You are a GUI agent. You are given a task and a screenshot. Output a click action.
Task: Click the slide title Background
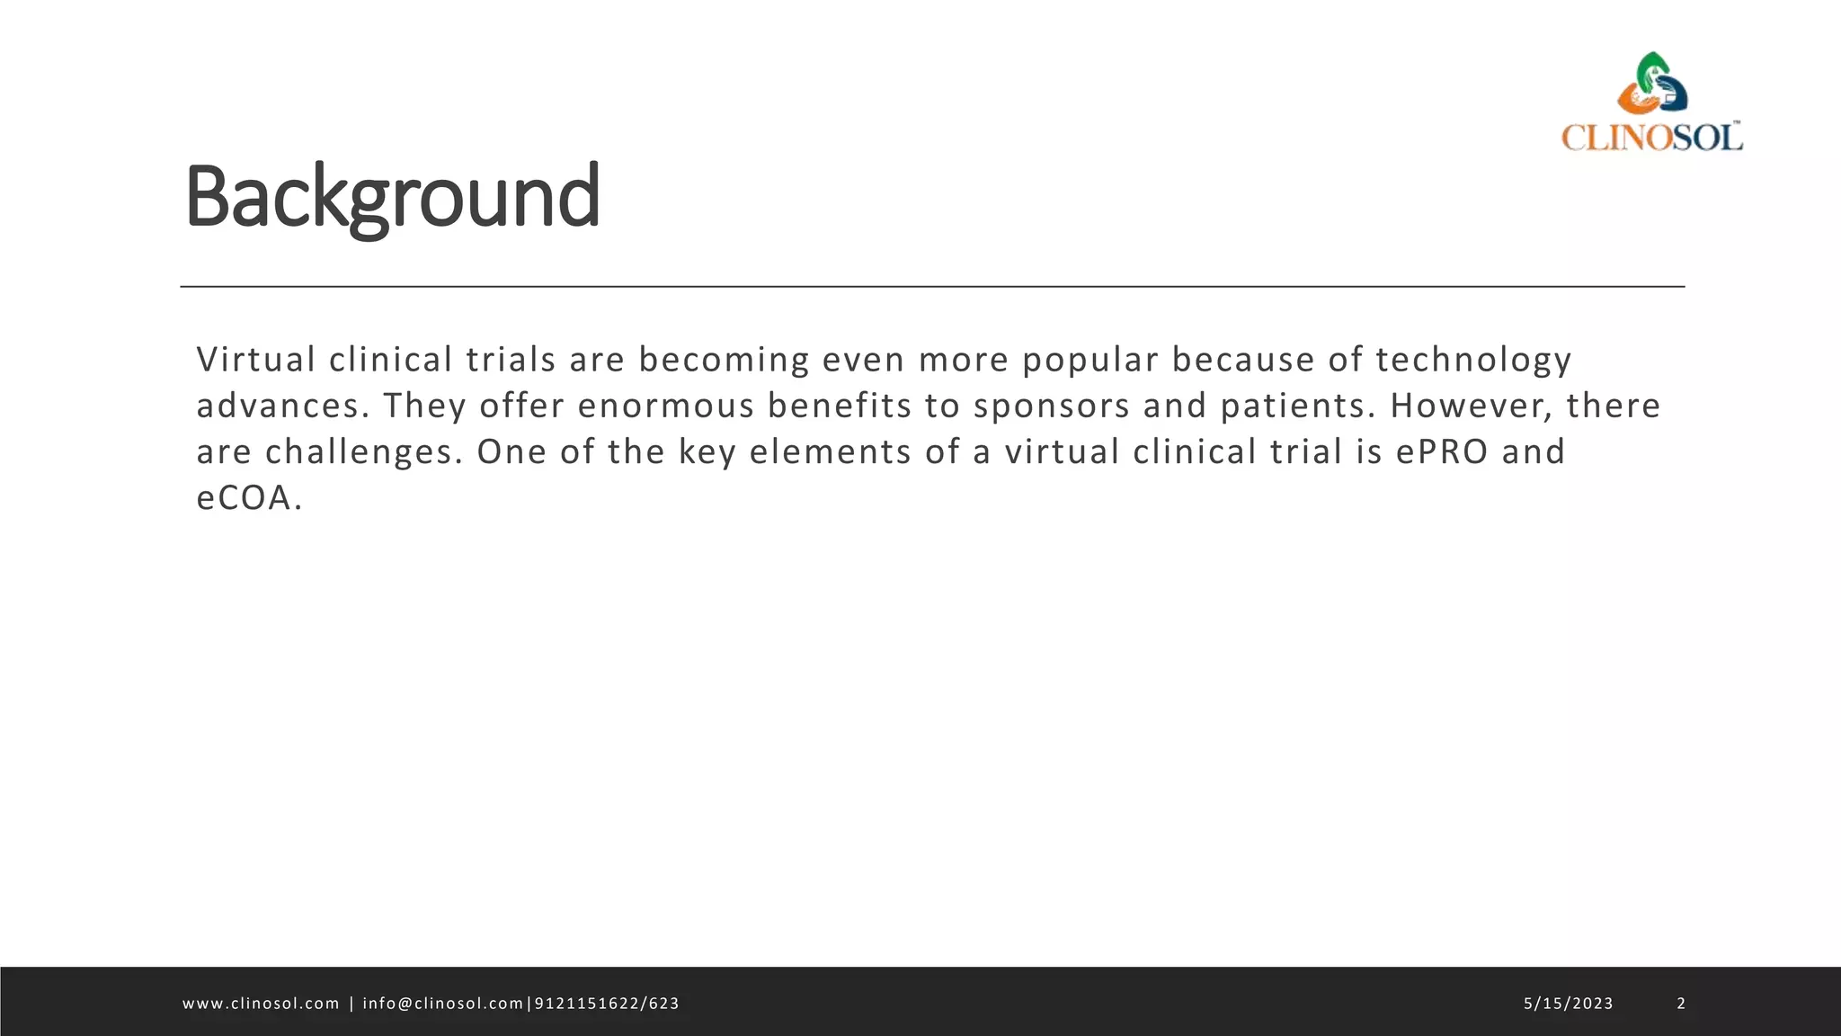[x=392, y=196]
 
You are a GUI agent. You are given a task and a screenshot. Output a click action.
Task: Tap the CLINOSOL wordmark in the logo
[x=1651, y=137]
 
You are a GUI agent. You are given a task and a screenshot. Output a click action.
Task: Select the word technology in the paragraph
[x=1473, y=361]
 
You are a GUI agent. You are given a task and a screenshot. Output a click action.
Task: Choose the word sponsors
[x=1051, y=406]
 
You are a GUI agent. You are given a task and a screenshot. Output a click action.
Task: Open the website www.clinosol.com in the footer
[x=261, y=1004]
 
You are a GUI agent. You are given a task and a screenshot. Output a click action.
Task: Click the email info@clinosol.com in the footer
[x=442, y=1004]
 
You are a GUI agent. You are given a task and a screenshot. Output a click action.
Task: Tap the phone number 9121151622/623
[x=607, y=1004]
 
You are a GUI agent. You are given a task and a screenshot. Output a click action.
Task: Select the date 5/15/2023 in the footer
[x=1568, y=1004]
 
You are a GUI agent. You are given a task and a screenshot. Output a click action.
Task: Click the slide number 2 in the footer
[x=1681, y=1004]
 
